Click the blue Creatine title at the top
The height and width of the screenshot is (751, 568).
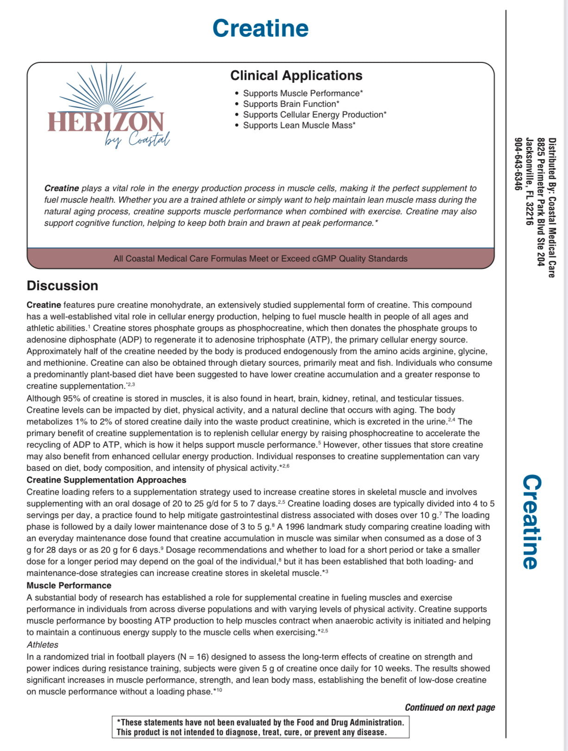click(260, 28)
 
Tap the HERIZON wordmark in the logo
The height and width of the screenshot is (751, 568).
click(106, 122)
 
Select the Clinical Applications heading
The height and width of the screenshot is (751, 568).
click(296, 75)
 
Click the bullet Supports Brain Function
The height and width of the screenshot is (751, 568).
click(291, 104)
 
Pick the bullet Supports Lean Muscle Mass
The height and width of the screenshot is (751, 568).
click(299, 125)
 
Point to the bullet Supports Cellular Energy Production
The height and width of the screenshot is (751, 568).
click(315, 115)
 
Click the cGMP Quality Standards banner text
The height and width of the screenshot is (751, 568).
click(261, 259)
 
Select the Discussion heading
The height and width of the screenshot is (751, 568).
click(62, 286)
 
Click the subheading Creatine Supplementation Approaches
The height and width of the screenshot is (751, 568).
click(106, 480)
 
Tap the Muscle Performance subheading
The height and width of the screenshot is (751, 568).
click(69, 586)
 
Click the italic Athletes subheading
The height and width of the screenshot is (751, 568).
click(43, 645)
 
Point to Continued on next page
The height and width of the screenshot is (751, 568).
click(449, 707)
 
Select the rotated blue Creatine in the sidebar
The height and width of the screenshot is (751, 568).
click(531, 522)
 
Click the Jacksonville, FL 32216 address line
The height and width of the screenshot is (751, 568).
click(530, 181)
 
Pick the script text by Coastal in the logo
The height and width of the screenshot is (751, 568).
click(137, 139)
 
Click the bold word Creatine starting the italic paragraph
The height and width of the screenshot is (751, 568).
click(62, 188)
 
